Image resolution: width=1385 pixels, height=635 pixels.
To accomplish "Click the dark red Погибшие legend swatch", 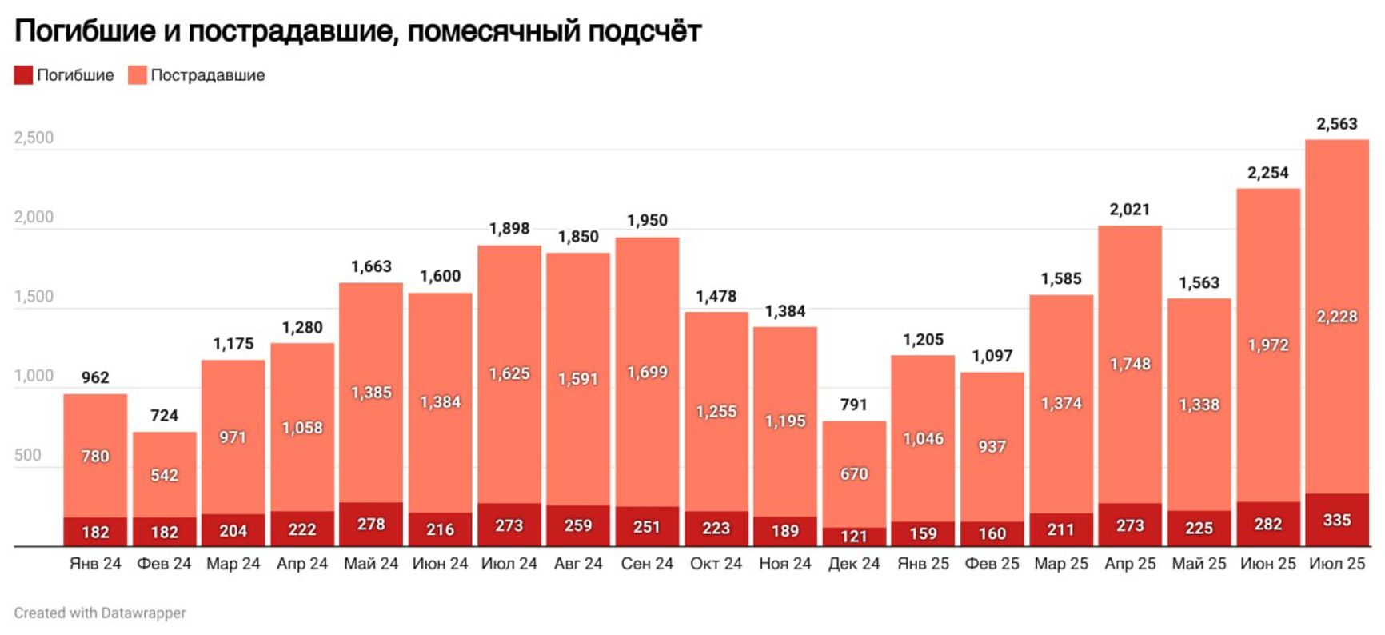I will coord(23,75).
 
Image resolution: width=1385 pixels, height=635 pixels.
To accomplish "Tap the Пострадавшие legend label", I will coord(207,75).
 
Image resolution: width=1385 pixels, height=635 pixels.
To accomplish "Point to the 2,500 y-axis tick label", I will coord(34,138).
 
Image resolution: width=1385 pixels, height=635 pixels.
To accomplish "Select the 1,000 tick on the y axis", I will coord(34,376).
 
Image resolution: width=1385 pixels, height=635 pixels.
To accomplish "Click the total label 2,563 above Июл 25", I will coord(1336,124).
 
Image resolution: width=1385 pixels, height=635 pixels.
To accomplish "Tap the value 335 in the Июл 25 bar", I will coord(1336,521).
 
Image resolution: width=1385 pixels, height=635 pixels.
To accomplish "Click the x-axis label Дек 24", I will coord(853,564).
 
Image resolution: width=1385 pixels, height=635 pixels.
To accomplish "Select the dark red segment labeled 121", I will coord(853,537).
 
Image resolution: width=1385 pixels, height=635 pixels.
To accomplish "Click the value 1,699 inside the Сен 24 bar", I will coord(646,373).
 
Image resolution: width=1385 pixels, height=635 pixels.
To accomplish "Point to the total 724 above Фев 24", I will coord(164,416).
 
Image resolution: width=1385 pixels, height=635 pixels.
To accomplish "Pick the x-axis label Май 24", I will coord(370,564).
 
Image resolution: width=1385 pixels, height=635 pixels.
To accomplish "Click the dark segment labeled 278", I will coord(370,525).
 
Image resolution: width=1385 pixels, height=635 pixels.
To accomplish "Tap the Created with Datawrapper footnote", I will coord(100,613).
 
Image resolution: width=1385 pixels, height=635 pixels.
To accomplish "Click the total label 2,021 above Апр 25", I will coord(1129,210).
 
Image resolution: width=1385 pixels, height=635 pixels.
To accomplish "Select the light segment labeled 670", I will coord(853,474).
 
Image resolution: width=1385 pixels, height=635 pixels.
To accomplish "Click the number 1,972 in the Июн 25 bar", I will coord(1267,345).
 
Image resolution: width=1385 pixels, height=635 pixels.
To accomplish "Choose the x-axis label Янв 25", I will coord(923,564).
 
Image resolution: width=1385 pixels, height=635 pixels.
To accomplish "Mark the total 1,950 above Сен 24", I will coord(646,221).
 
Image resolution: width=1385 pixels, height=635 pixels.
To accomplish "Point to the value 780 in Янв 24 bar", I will coord(95,457).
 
